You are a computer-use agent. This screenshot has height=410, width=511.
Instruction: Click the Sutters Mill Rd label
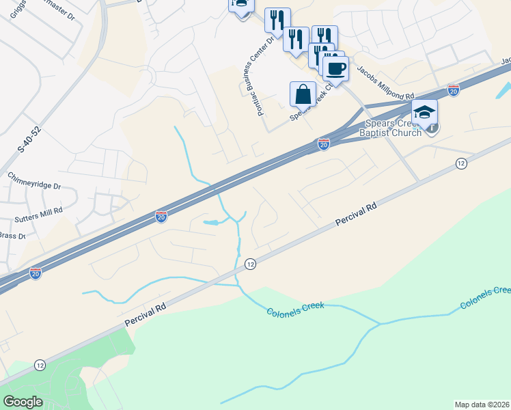pos(38,210)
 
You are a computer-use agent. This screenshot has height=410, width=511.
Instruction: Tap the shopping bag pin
pos(303,94)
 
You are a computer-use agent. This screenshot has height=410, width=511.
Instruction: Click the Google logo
pos(23,402)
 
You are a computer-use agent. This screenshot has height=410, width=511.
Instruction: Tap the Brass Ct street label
pos(12,236)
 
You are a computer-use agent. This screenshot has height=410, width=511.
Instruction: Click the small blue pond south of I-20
pos(212,222)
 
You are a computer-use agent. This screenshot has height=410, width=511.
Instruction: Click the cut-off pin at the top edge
pos(241,5)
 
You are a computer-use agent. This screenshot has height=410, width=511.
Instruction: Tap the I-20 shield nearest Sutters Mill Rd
pos(161,217)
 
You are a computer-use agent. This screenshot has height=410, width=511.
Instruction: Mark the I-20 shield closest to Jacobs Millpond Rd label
pos(453,90)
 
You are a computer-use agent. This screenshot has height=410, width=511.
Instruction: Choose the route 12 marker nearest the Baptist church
pos(462,163)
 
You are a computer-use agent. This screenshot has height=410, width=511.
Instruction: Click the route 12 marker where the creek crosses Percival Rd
pos(250,264)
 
